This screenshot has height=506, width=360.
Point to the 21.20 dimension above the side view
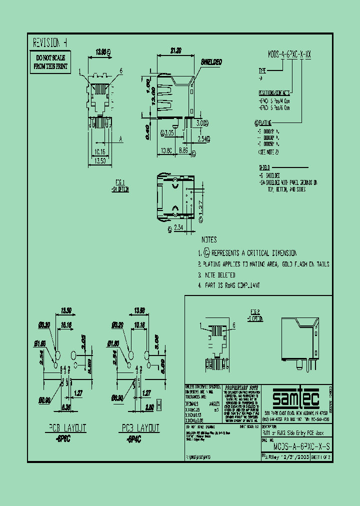(175, 50)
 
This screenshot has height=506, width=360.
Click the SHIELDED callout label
(211, 62)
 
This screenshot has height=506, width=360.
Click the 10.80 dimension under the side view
(166, 150)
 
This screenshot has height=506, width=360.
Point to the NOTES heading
(209, 240)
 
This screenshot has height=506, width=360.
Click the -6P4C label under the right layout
(132, 437)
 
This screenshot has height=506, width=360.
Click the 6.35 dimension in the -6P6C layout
(66, 406)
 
